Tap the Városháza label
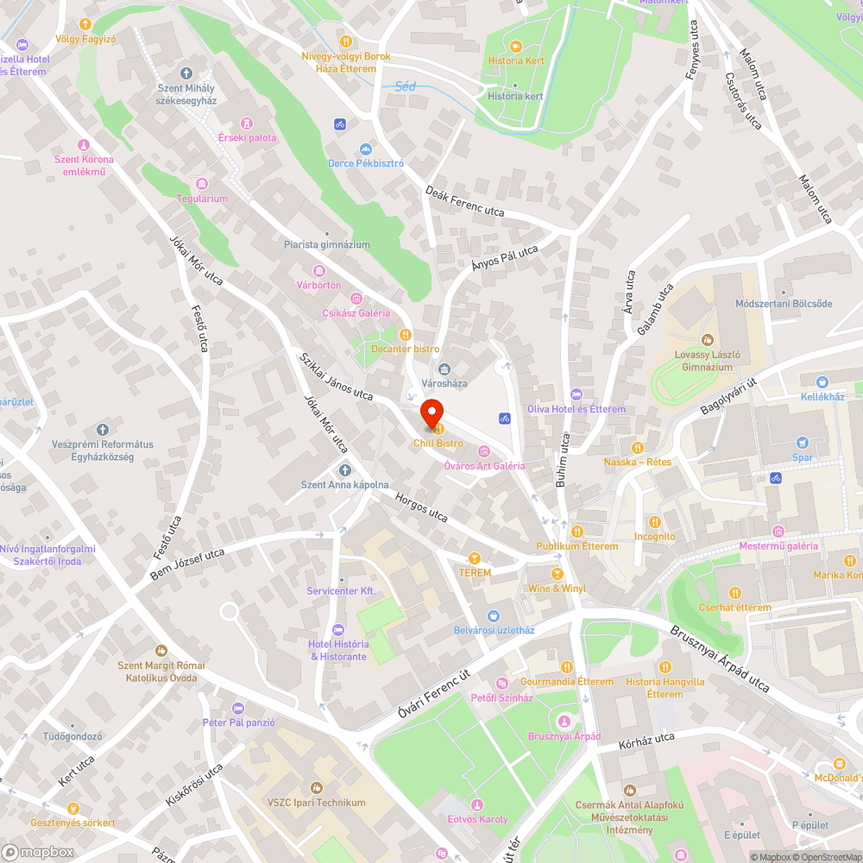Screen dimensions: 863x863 coord(444,383)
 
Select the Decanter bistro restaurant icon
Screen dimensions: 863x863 coord(405,334)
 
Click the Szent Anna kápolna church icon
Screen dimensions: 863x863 coord(345,470)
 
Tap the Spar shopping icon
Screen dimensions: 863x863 coord(803,443)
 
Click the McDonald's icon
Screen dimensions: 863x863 coord(840,763)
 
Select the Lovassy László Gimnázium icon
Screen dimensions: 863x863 coord(708,340)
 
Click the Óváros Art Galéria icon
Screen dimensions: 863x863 coord(483,450)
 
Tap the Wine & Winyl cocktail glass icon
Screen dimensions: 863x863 coord(557,574)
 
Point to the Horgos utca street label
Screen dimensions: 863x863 coord(421,507)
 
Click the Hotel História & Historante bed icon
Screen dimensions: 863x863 coord(338,629)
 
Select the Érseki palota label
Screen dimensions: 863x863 coord(248,137)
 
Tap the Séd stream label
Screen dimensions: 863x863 coord(405,86)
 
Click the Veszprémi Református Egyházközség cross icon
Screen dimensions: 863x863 coord(102,430)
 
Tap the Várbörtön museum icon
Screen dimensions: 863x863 coord(319,271)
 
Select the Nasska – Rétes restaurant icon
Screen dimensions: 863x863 coord(638,448)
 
